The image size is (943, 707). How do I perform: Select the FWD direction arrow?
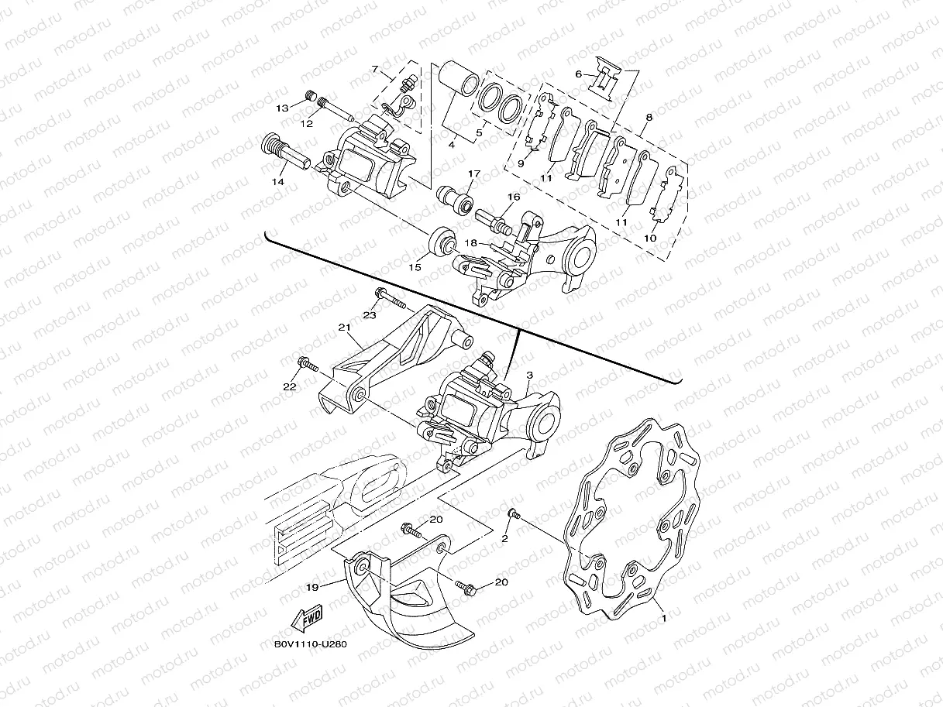coord(306,620)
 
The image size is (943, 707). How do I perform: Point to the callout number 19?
coord(312,588)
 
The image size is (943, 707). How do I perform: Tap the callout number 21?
coord(345,328)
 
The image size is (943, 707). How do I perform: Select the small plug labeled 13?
coord(311,97)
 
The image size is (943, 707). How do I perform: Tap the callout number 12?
coord(307,123)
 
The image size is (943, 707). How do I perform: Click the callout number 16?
coord(513,197)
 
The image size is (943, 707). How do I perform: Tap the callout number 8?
coord(649,117)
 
